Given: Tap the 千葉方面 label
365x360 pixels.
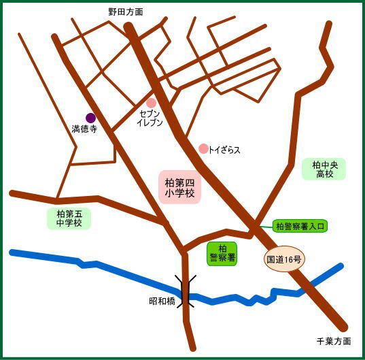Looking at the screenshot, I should point(334,341).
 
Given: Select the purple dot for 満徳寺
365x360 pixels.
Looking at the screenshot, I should point(90,118).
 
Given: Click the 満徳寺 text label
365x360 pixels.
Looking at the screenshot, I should point(85,129).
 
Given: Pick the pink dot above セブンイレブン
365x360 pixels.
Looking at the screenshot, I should point(151,103).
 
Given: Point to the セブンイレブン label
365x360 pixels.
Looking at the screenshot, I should point(151,118).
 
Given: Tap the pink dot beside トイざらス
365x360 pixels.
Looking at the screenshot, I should point(203,148).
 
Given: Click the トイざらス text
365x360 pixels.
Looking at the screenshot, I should point(225,149).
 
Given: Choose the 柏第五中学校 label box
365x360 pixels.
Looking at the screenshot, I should point(69,218).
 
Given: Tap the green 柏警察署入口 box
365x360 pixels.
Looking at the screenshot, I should point(300,226).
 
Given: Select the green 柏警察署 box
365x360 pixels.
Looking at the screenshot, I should point(222,253).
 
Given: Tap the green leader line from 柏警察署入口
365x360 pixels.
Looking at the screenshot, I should point(265,226).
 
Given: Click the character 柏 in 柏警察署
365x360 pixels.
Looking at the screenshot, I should point(222,248).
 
